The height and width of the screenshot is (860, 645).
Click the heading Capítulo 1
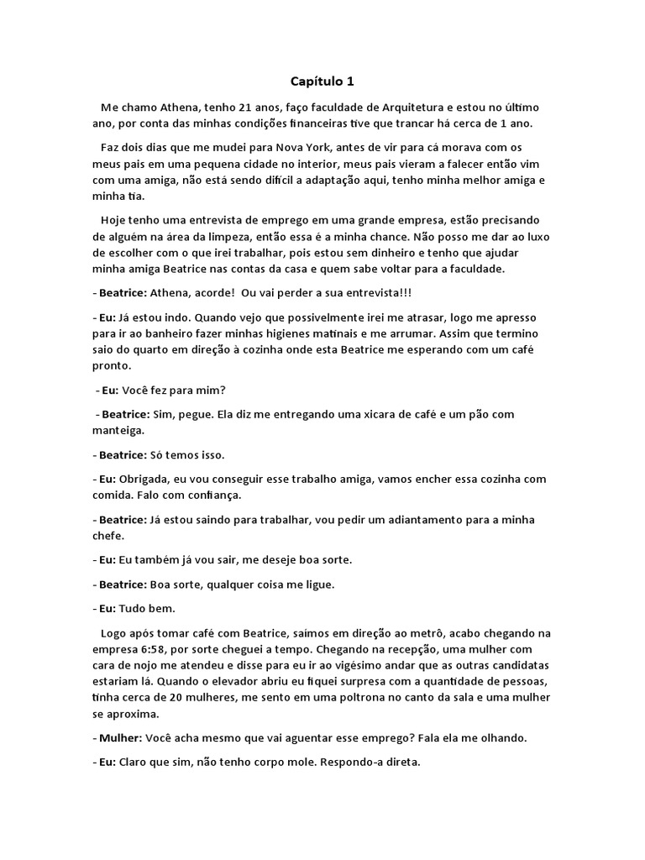pyautogui.click(x=322, y=81)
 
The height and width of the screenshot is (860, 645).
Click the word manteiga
pyautogui.click(x=118, y=430)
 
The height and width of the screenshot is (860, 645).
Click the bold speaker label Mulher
pyautogui.click(x=119, y=737)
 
